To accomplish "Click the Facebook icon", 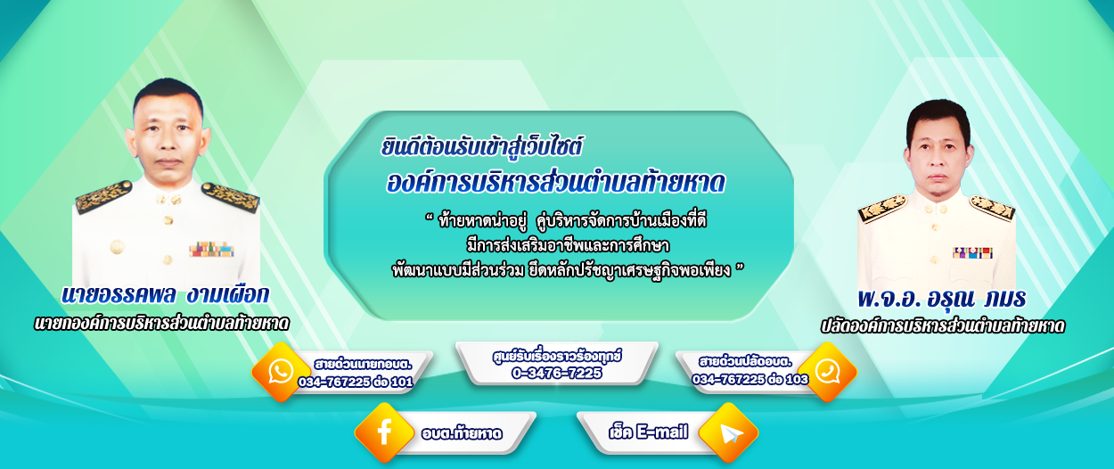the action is pyautogui.click(x=384, y=432).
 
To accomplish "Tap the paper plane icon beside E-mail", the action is pyautogui.click(x=729, y=433).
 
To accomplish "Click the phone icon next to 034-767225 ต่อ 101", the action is pyautogui.click(x=281, y=372).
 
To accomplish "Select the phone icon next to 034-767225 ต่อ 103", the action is pyautogui.click(x=828, y=372).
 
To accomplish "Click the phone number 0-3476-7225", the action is pyautogui.click(x=556, y=373).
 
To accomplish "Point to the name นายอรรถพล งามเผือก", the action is pyautogui.click(x=165, y=295).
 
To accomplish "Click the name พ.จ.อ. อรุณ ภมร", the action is pyautogui.click(x=942, y=298).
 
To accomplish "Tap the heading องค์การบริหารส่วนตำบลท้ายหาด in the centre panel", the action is pyautogui.click(x=555, y=183).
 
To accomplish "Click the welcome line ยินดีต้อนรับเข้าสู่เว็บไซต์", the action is pyautogui.click(x=481, y=147).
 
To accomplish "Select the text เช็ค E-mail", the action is pyautogui.click(x=649, y=432).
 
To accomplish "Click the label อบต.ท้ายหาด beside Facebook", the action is pyautogui.click(x=462, y=433).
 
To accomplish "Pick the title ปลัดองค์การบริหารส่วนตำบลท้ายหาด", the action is pyautogui.click(x=942, y=325).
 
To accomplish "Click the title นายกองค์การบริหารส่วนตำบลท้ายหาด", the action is pyautogui.click(x=161, y=324).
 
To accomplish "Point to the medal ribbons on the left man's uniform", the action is pyautogui.click(x=211, y=249).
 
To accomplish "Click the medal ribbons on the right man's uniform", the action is pyautogui.click(x=972, y=252).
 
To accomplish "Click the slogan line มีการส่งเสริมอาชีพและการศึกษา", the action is pyautogui.click(x=568, y=246).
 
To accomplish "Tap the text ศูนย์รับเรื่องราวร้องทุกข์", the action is pyautogui.click(x=557, y=356).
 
